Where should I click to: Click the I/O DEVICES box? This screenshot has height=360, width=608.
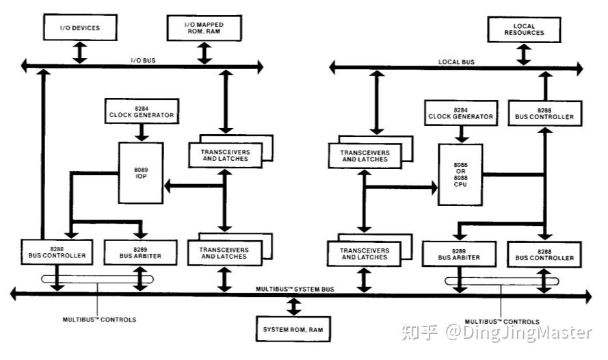[80, 28]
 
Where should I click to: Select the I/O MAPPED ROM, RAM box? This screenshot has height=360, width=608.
[204, 28]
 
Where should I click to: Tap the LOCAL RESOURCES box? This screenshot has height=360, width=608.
[524, 29]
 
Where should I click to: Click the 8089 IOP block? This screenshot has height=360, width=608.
[141, 172]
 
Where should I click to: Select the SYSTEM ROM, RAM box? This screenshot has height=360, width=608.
[293, 329]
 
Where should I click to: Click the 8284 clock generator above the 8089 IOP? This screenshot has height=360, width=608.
[141, 112]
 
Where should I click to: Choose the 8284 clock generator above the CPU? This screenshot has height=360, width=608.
[460, 112]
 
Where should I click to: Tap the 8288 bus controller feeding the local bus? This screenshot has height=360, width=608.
[544, 113]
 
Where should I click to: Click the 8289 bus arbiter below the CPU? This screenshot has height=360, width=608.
[460, 253]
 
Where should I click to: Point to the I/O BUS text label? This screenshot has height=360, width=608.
[143, 61]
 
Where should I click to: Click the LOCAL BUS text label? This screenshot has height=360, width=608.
[456, 62]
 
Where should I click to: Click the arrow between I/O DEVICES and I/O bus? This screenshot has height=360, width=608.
[80, 53]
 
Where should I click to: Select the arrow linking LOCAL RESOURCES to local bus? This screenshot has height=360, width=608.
[524, 53]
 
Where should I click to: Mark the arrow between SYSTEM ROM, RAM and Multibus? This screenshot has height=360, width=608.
[293, 306]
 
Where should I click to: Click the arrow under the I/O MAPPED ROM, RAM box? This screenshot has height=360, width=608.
[204, 53]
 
